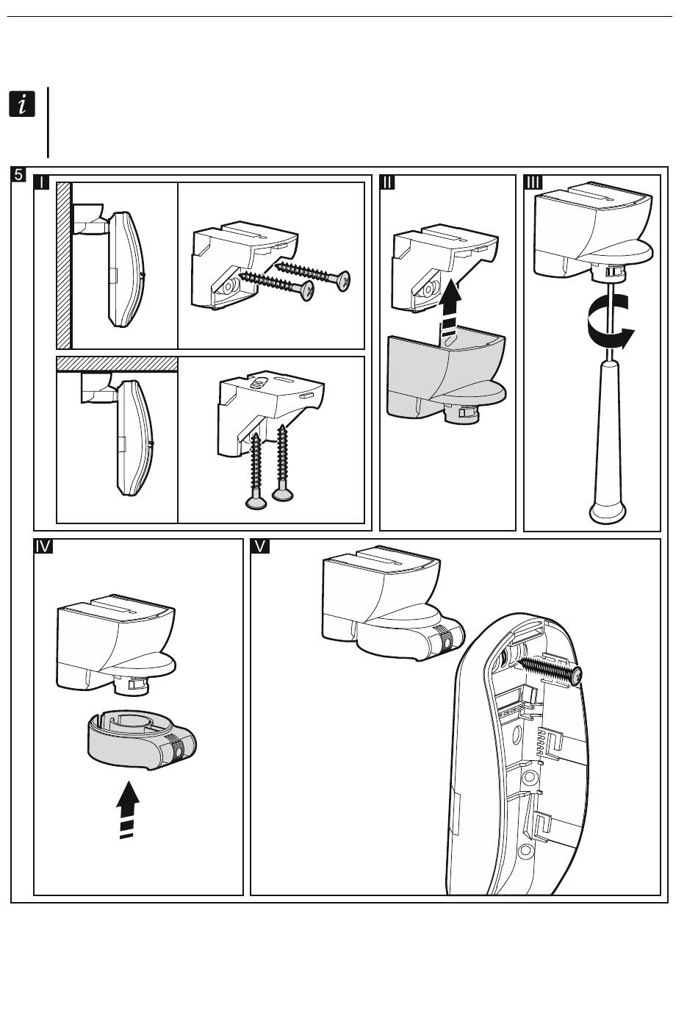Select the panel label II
(x=389, y=182)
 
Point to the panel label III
(x=533, y=182)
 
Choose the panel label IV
(x=43, y=546)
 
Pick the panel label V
(x=260, y=546)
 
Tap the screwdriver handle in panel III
(x=609, y=441)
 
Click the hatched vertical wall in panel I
(x=64, y=265)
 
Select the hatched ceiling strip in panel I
(x=118, y=364)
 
